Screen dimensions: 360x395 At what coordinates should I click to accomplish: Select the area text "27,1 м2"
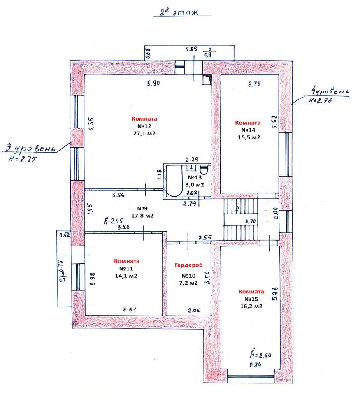tap(144, 133)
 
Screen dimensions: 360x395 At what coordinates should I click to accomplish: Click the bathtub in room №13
tap(173, 181)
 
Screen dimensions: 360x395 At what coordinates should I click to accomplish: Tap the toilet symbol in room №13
tap(204, 170)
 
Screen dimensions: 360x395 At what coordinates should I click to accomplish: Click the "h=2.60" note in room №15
tap(260, 355)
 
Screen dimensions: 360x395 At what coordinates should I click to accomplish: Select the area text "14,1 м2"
tap(127, 276)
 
